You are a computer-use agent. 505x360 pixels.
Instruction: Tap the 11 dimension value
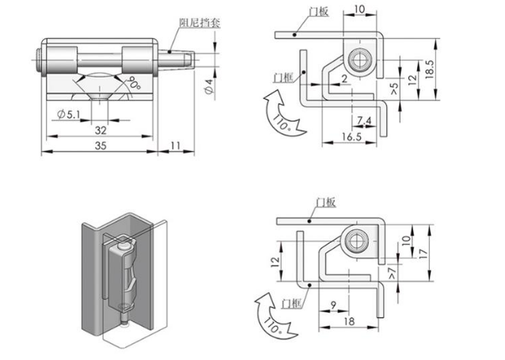pos(176,147)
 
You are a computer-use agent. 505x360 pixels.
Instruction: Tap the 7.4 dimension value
pos(365,120)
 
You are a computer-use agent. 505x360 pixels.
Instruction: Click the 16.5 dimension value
pos(353,138)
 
